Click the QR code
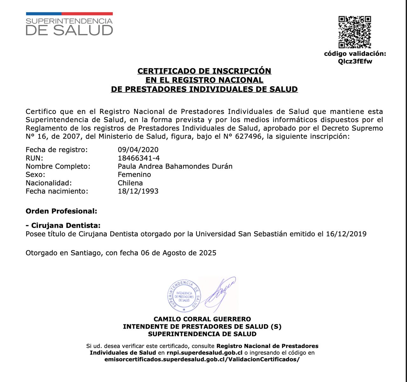pos(355,32)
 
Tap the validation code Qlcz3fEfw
pos(355,61)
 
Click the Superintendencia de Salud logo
pos(69,24)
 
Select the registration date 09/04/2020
pos(138,150)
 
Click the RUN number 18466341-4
pos(139,158)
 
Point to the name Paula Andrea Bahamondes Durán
pos(175,166)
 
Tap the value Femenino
pos(134,175)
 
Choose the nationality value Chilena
pos(130,183)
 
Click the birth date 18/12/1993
pos(138,191)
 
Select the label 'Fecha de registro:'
pos(57,150)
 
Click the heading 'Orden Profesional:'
pos(61,211)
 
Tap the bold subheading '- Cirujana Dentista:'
pos(63,226)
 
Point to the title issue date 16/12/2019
pos(346,234)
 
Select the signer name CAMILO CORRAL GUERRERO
pos(202,319)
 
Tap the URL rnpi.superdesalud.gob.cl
pos(204,353)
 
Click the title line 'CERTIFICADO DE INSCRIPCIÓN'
pos(204,71)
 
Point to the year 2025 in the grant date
pos(208,253)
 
